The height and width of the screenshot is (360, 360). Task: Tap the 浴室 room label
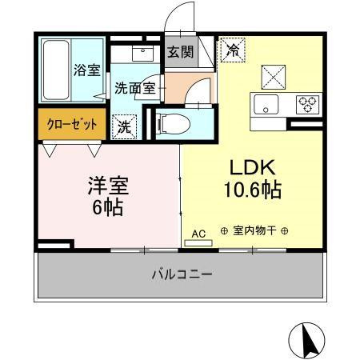tap(86, 70)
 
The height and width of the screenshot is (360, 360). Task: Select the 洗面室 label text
tap(134, 88)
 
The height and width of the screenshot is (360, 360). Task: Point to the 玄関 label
tap(180, 52)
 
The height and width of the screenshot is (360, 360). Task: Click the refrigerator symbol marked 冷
tap(233, 50)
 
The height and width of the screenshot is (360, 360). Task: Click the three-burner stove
tap(306, 104)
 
